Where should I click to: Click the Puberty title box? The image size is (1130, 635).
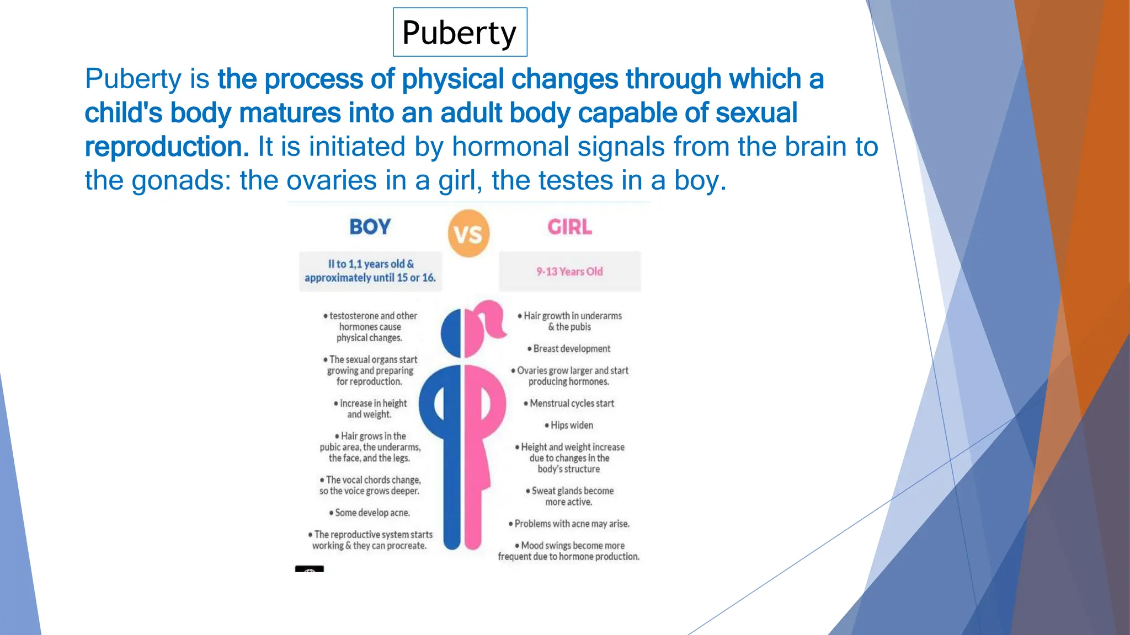pyautogui.click(x=460, y=32)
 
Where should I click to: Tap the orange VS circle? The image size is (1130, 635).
pyautogui.click(x=468, y=234)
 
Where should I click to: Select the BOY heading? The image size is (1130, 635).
pyautogui.click(x=370, y=227)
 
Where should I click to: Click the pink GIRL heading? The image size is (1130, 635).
pyautogui.click(x=569, y=227)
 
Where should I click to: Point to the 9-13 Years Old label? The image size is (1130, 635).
pyautogui.click(x=569, y=272)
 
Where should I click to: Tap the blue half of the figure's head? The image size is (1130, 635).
pyautogui.click(x=451, y=333)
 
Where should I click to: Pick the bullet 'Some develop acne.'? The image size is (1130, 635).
pyautogui.click(x=370, y=513)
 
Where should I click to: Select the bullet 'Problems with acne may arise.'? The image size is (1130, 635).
pyautogui.click(x=569, y=524)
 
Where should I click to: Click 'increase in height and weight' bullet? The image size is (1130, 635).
pyautogui.click(x=370, y=409)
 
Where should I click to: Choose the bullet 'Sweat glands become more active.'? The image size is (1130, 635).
pyautogui.click(x=569, y=496)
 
